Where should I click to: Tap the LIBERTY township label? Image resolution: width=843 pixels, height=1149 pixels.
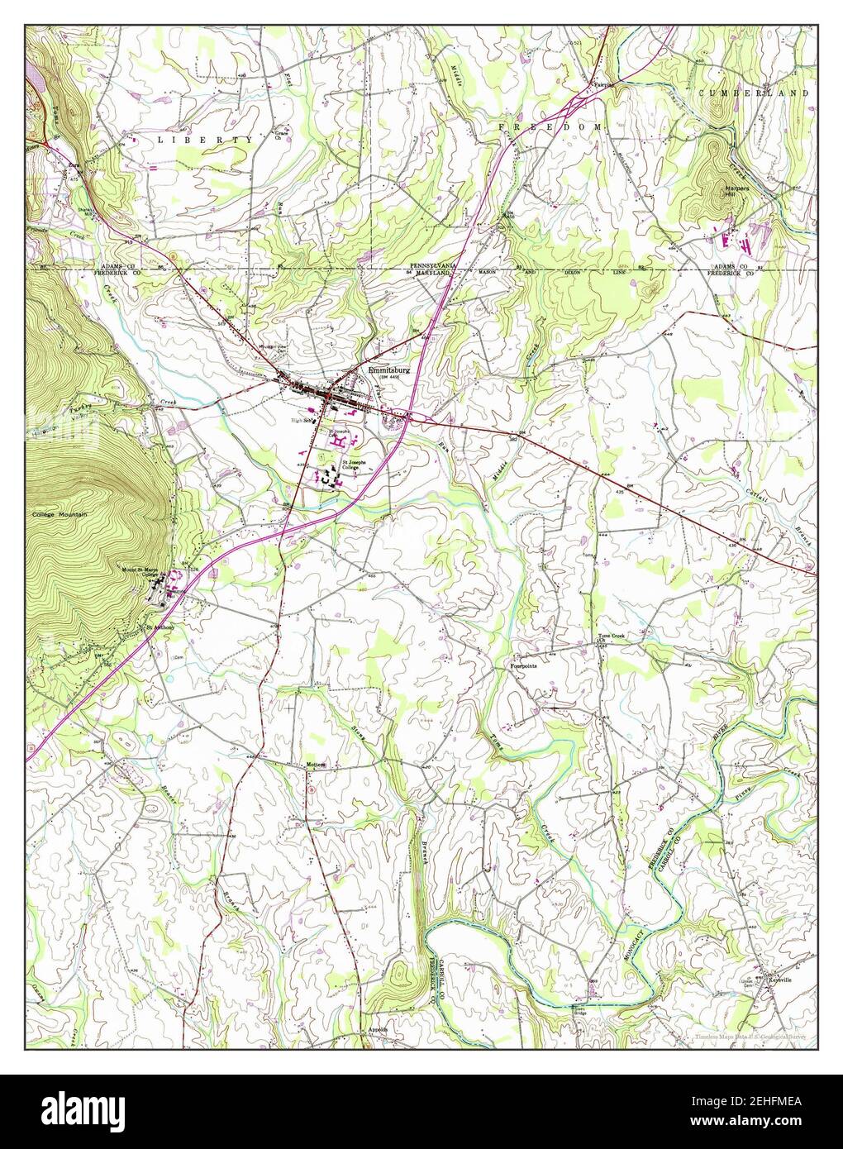(x=205, y=141)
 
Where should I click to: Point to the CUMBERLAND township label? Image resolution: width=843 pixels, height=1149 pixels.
(x=752, y=94)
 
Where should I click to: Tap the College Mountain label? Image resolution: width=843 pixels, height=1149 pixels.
(x=60, y=514)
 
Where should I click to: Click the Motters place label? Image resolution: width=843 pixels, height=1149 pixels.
(x=316, y=765)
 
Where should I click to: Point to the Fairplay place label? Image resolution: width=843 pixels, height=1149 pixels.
(x=605, y=83)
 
